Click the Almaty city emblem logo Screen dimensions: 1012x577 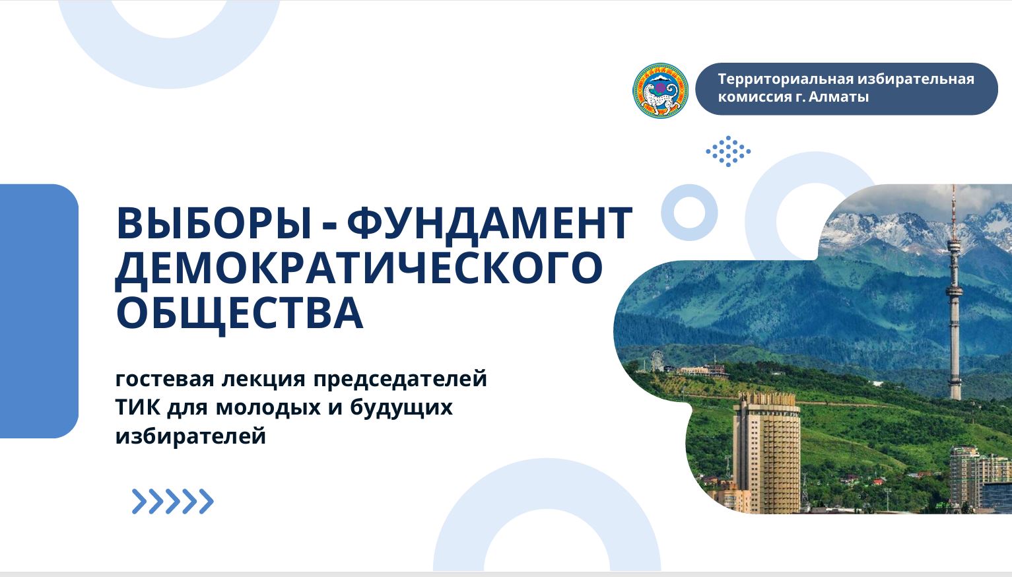tap(660, 90)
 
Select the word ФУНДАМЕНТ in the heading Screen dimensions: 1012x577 tap(490, 223)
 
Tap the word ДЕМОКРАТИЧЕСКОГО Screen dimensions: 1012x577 tap(358, 269)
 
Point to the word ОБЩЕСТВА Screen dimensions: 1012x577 tap(240, 314)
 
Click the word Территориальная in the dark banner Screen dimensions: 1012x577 tap(784, 79)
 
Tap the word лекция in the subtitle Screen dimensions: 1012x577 tap(264, 380)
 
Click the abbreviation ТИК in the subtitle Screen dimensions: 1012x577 tap(138, 407)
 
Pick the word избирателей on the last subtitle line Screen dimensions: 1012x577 tap(191, 436)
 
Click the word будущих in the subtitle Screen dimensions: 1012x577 tap(401, 408)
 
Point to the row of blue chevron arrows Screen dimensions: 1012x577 tap(172, 501)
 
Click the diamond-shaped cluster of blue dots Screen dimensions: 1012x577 tap(728, 151)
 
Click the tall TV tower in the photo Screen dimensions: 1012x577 tap(953, 294)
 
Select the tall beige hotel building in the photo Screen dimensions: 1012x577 tap(766, 452)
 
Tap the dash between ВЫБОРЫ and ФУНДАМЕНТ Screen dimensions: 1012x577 tap(329, 225)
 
